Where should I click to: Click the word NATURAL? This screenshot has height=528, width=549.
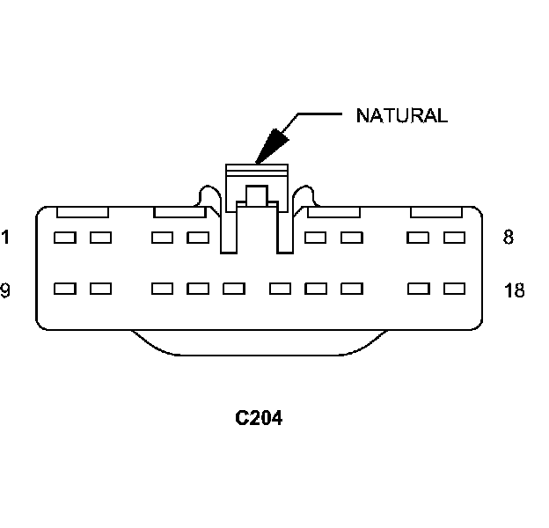coord(401,115)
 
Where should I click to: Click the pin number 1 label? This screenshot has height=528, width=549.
coord(5,237)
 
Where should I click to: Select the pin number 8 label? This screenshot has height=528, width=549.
coord(509,237)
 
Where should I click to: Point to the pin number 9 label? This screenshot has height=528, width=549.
coord(5,290)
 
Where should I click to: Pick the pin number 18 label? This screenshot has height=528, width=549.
coord(515,290)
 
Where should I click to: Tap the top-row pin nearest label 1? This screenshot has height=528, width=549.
coord(64,237)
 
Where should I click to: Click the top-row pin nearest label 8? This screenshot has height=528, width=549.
coord(454,237)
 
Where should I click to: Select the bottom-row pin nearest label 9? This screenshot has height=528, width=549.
coord(64,289)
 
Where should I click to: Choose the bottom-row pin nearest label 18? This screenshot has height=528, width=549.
coord(454,289)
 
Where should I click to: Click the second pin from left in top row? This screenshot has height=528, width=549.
coord(100,237)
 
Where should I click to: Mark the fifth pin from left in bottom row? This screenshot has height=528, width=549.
coord(233,289)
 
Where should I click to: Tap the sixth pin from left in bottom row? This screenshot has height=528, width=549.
coord(281,289)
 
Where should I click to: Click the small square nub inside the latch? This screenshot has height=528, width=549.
coord(257,195)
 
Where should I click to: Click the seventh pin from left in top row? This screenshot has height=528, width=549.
coord(419,237)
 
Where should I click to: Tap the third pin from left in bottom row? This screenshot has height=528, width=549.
coord(162,289)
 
